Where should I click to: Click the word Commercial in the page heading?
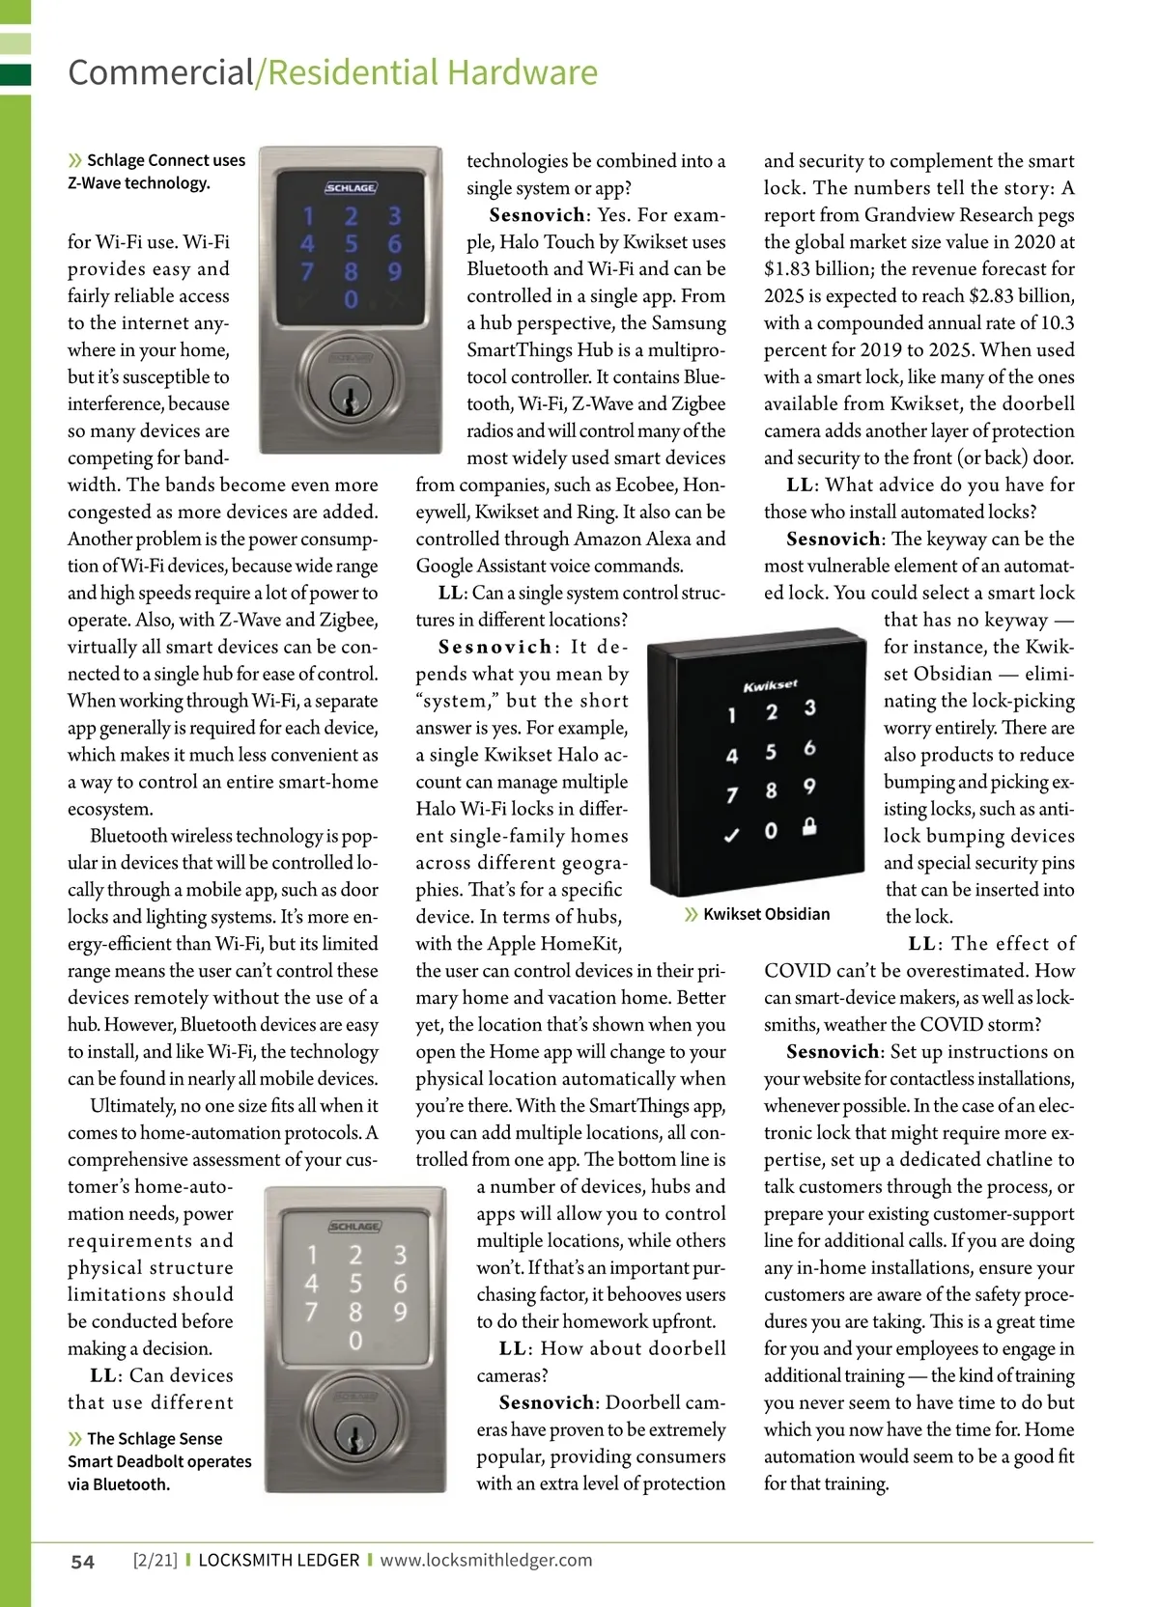click(160, 73)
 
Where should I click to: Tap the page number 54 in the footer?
click(83, 1562)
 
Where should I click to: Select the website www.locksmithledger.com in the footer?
click(486, 1560)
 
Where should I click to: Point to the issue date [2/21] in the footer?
click(155, 1560)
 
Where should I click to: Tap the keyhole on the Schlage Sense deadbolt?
click(354, 1432)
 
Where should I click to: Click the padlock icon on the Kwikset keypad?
click(809, 826)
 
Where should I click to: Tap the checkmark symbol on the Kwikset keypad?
click(731, 835)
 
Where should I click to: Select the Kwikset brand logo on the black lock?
click(770, 685)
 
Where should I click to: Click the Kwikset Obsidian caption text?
click(766, 914)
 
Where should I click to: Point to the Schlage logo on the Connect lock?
click(351, 188)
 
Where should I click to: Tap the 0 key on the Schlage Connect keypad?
click(351, 300)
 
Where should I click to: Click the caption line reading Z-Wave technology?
click(139, 183)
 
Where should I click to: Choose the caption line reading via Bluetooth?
click(119, 1484)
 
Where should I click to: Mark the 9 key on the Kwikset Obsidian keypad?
click(809, 787)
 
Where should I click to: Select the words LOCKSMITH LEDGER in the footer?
click(278, 1560)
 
